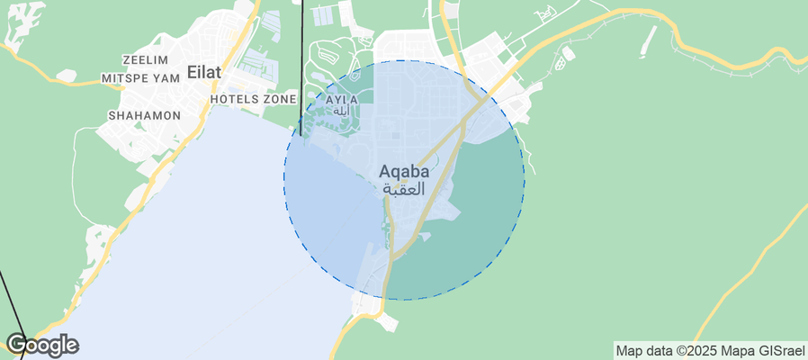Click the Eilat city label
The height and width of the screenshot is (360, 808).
pos(202,72)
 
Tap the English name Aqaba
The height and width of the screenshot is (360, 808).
pos(402,170)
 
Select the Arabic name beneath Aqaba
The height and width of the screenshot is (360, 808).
pos(402,189)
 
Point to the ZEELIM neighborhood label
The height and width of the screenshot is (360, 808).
pos(147,59)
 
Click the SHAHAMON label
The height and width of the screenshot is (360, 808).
pos(144,116)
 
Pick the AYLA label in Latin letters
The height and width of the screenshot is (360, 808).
pos(341,99)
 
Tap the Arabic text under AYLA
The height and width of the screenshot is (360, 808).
pos(341,111)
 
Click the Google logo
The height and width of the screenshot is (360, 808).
pos(42,345)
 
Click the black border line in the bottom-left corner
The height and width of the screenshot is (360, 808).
pos(11,306)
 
